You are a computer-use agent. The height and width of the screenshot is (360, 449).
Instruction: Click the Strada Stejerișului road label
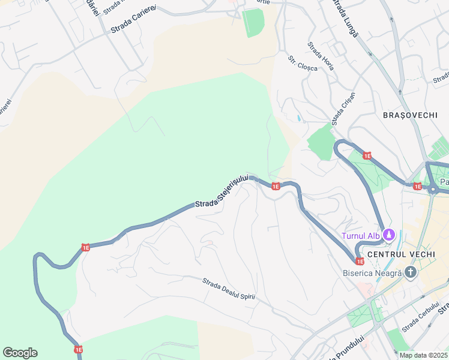pos(222,194)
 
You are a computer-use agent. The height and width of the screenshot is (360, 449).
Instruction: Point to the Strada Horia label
pos(321,56)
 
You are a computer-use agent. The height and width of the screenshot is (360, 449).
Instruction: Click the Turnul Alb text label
pos(361,235)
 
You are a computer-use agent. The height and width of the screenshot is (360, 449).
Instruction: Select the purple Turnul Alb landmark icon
pos(388,235)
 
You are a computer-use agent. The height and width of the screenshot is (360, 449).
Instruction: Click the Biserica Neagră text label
pos(372,273)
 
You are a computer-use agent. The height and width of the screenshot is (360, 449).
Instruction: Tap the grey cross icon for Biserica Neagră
pos(411,273)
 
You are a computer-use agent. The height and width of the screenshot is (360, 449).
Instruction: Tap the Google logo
pos(20,353)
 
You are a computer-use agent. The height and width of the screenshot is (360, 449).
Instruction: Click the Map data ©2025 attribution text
pos(423,355)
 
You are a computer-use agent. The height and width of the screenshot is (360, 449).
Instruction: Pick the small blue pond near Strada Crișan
pos(299,118)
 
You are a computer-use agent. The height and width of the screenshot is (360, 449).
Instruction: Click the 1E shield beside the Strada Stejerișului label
pos(276,187)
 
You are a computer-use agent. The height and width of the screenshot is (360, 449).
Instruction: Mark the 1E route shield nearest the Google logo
pos(77,349)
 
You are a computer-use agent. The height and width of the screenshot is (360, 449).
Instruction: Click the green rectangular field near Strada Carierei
pos(253,22)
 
